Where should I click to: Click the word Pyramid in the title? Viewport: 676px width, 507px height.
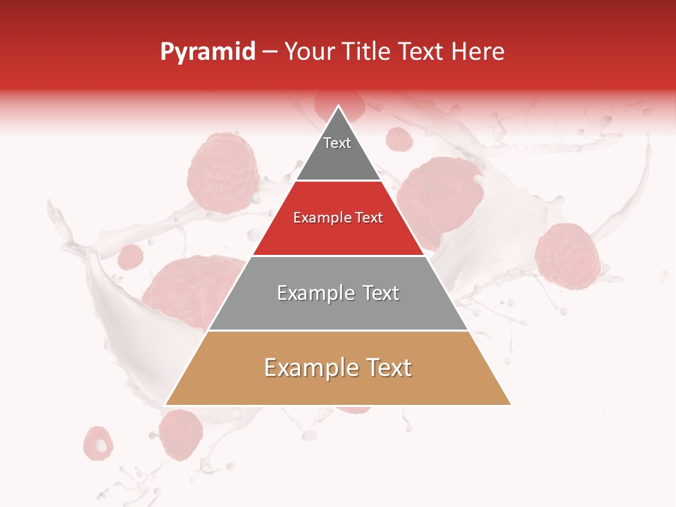(x=207, y=52)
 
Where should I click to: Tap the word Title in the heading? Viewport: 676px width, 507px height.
(x=367, y=52)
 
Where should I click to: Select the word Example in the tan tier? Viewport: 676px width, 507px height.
(x=310, y=368)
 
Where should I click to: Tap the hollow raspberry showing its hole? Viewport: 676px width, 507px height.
(x=98, y=443)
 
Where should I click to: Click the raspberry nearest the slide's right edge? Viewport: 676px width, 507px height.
(x=567, y=256)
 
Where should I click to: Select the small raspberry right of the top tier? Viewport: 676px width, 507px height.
(x=399, y=139)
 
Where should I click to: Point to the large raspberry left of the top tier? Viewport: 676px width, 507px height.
(x=223, y=173)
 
